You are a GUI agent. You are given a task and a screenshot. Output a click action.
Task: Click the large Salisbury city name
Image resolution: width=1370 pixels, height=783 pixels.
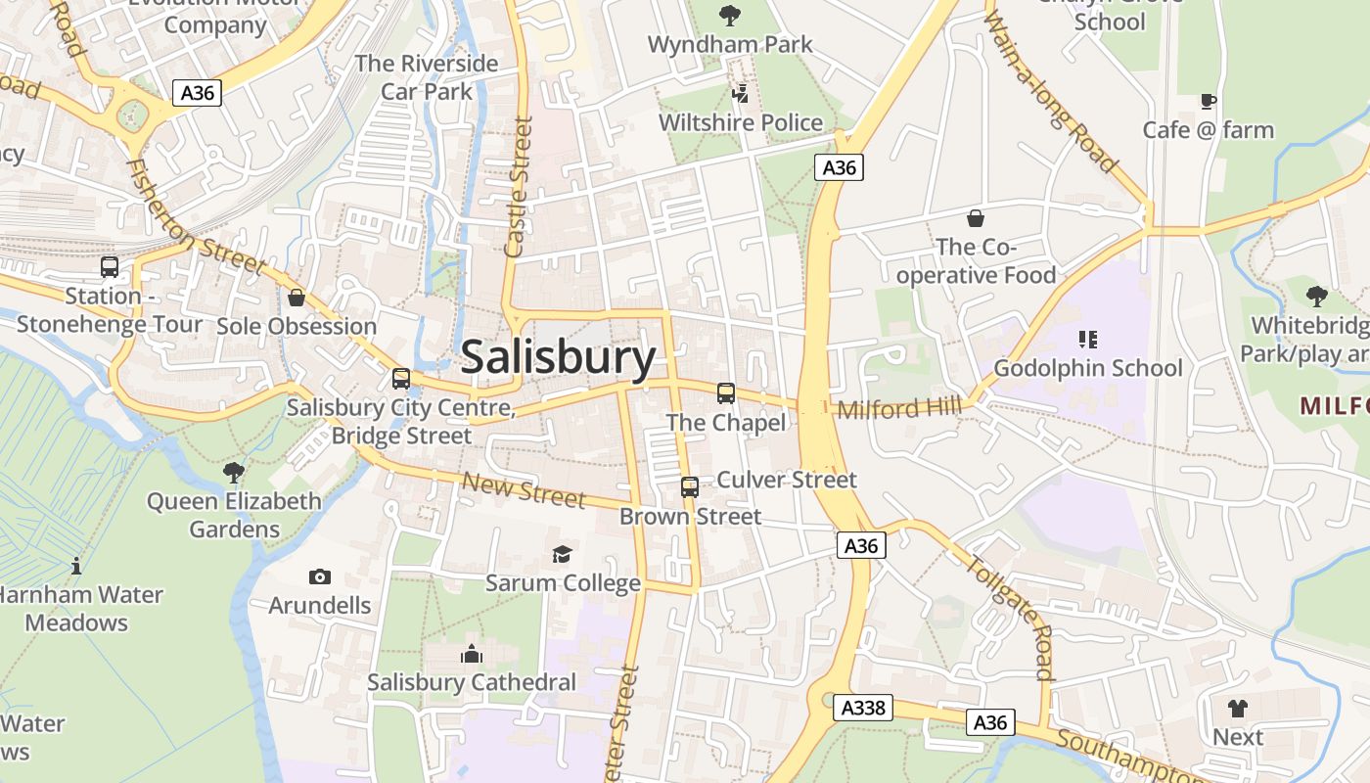pos(558,357)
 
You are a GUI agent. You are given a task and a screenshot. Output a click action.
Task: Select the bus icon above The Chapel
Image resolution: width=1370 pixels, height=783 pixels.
pos(725,393)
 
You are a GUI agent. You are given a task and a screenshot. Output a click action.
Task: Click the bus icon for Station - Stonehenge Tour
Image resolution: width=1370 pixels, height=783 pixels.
pos(110,266)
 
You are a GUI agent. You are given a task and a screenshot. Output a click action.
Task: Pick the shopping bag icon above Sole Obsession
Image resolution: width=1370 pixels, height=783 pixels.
pos(297,297)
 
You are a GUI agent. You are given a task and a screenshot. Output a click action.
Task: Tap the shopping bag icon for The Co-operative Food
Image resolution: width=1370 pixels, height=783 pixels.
pos(975,217)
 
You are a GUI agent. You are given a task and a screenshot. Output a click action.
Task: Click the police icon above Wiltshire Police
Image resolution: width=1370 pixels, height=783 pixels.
pos(741,94)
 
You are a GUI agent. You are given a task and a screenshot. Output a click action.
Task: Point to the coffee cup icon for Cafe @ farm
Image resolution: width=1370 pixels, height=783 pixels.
pos(1209,101)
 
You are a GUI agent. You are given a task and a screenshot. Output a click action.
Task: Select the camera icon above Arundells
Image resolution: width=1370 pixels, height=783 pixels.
pos(320,576)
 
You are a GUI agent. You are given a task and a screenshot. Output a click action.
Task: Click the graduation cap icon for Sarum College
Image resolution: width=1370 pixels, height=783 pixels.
pos(562,555)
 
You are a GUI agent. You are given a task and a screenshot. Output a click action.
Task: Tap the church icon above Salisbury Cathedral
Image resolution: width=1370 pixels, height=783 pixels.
pos(472,654)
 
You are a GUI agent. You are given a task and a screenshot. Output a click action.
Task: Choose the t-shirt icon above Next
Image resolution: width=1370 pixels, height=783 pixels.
pos(1238,708)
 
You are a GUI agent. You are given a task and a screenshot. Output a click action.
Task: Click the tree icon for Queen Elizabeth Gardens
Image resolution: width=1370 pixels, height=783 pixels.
pos(234,473)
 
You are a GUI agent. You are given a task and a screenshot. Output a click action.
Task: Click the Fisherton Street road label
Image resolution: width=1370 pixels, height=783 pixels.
pos(196,217)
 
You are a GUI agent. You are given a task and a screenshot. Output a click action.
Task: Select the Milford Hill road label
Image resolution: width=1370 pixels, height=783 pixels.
pos(898,408)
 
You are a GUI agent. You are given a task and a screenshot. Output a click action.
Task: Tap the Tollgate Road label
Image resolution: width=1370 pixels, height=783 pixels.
pos(1009,616)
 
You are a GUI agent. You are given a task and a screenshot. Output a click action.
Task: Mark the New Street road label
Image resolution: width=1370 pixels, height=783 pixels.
pos(524,489)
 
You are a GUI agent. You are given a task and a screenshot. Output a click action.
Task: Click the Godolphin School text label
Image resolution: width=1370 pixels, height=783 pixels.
pos(1088,368)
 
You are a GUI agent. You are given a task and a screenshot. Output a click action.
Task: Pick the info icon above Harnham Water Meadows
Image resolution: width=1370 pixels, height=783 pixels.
pos(76,566)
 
